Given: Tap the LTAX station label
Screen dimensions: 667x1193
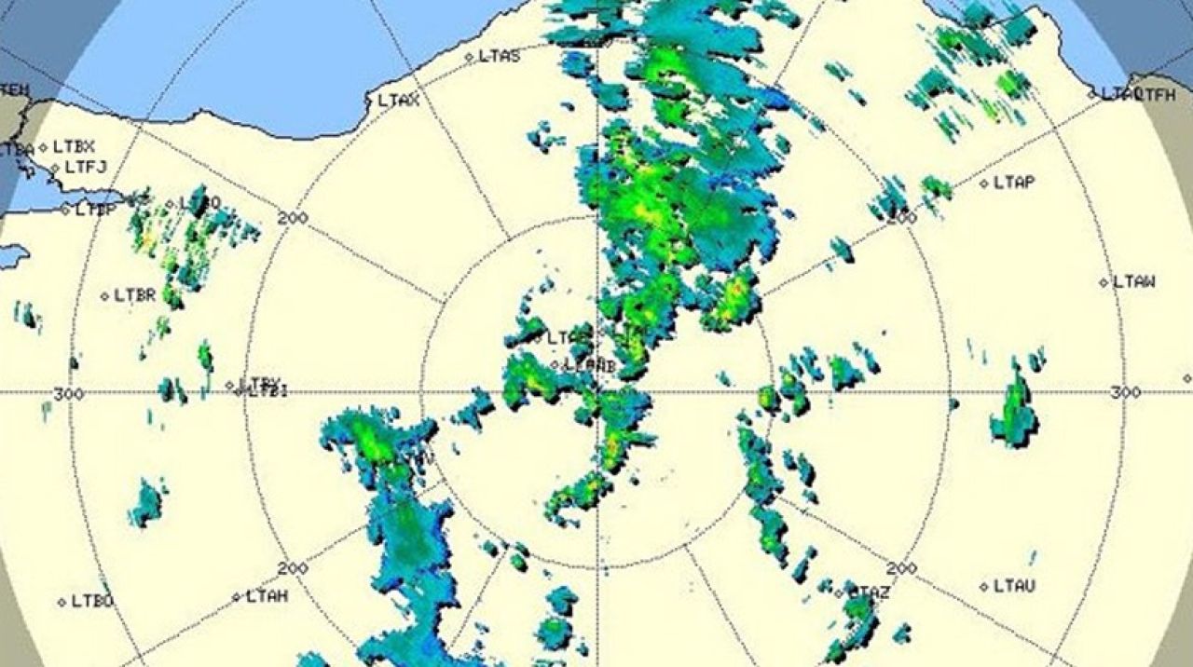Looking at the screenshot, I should click(x=398, y=101).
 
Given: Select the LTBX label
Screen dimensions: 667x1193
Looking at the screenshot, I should click(x=74, y=146).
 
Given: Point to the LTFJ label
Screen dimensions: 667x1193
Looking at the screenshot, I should click(x=86, y=168).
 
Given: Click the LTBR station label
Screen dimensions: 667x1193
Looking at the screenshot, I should click(x=134, y=296).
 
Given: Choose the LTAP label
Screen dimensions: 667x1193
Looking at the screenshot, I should click(x=1014, y=184).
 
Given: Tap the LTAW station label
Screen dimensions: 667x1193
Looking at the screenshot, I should click(x=1134, y=281).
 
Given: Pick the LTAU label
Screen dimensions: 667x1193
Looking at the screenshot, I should click(x=1014, y=586).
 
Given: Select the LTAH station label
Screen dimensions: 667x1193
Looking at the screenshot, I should click(x=267, y=596).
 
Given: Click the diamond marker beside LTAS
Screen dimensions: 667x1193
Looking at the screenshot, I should click(x=470, y=57).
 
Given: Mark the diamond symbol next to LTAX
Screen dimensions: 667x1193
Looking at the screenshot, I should click(x=369, y=101).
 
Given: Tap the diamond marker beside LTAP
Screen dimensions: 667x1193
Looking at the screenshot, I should click(x=984, y=184).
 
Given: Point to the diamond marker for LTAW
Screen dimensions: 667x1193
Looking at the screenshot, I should click(x=1104, y=282).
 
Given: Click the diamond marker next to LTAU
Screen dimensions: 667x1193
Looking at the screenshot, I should click(x=984, y=587).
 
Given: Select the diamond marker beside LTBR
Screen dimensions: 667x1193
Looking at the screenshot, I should click(x=105, y=297).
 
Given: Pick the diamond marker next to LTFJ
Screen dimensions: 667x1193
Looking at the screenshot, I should click(x=56, y=169).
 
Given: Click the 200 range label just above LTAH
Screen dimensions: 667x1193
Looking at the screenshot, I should click(x=293, y=568).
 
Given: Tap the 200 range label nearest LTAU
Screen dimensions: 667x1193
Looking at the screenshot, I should click(x=901, y=568).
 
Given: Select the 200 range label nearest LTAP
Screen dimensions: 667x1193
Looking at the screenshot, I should click(x=901, y=217).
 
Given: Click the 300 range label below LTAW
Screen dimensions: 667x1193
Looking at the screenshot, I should click(x=1126, y=393).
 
